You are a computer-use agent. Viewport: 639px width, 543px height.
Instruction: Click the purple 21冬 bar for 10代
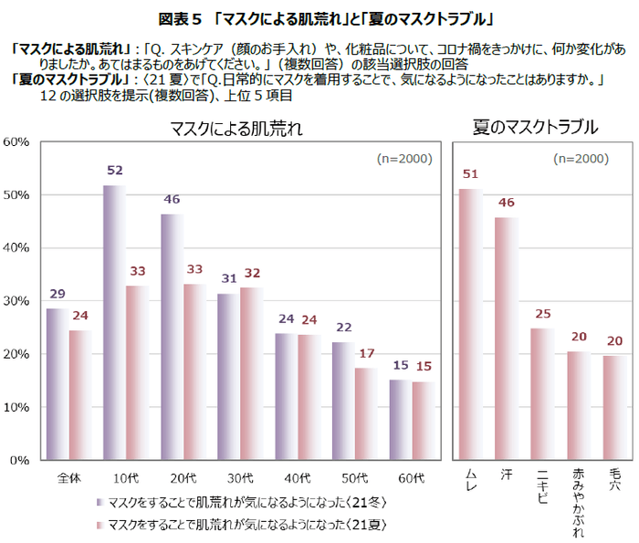[114, 323]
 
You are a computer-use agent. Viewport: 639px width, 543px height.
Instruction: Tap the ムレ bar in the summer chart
[471, 324]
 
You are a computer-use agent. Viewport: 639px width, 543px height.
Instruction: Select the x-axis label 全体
[69, 476]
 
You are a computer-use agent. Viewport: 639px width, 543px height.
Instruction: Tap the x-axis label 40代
[298, 476]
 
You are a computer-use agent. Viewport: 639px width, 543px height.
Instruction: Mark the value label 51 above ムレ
[471, 174]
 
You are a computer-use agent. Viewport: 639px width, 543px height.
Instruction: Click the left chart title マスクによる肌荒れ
[236, 129]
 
